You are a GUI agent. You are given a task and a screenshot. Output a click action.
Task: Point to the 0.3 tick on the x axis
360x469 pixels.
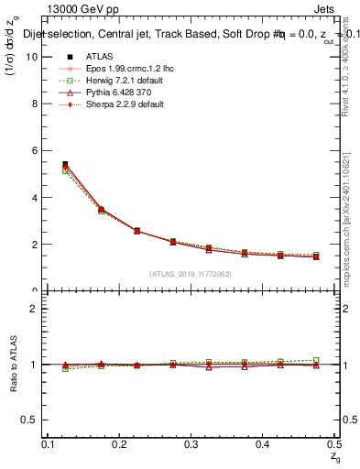click(191, 443)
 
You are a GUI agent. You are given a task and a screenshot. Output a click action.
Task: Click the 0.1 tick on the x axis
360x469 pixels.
click(49, 443)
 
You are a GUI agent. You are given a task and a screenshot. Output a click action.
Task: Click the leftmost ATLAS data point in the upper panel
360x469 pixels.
click(65, 165)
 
